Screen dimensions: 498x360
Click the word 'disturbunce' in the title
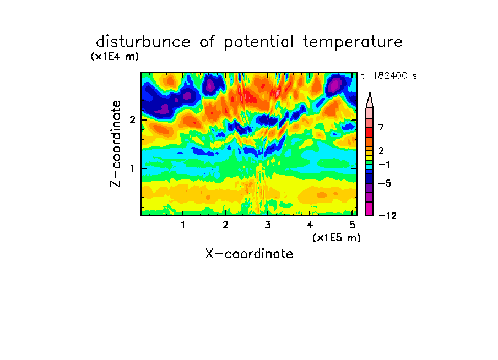click(x=143, y=41)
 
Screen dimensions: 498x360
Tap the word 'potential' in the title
click(x=259, y=42)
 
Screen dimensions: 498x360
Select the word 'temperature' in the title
click(x=353, y=42)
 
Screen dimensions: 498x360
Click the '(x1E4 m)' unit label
click(x=115, y=57)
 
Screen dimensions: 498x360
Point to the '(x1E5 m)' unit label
click(x=337, y=237)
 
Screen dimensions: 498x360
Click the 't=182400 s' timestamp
click(x=389, y=75)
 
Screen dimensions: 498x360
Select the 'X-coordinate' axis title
click(x=249, y=254)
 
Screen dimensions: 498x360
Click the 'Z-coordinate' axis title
click(x=116, y=144)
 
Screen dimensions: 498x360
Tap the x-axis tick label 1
click(x=183, y=225)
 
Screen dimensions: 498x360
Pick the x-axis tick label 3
click(x=268, y=225)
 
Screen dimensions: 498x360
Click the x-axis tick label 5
click(x=352, y=225)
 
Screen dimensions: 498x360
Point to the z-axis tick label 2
click(x=132, y=120)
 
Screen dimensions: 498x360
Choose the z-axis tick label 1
click(x=132, y=168)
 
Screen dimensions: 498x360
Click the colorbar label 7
click(x=381, y=127)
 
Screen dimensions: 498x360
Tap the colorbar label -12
click(x=387, y=216)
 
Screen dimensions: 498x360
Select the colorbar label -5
click(x=385, y=183)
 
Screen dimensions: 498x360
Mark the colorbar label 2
click(x=381, y=150)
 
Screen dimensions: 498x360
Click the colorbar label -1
click(x=384, y=165)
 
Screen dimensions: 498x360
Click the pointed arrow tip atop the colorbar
click(x=370, y=92)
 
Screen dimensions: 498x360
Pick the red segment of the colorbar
click(x=370, y=132)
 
